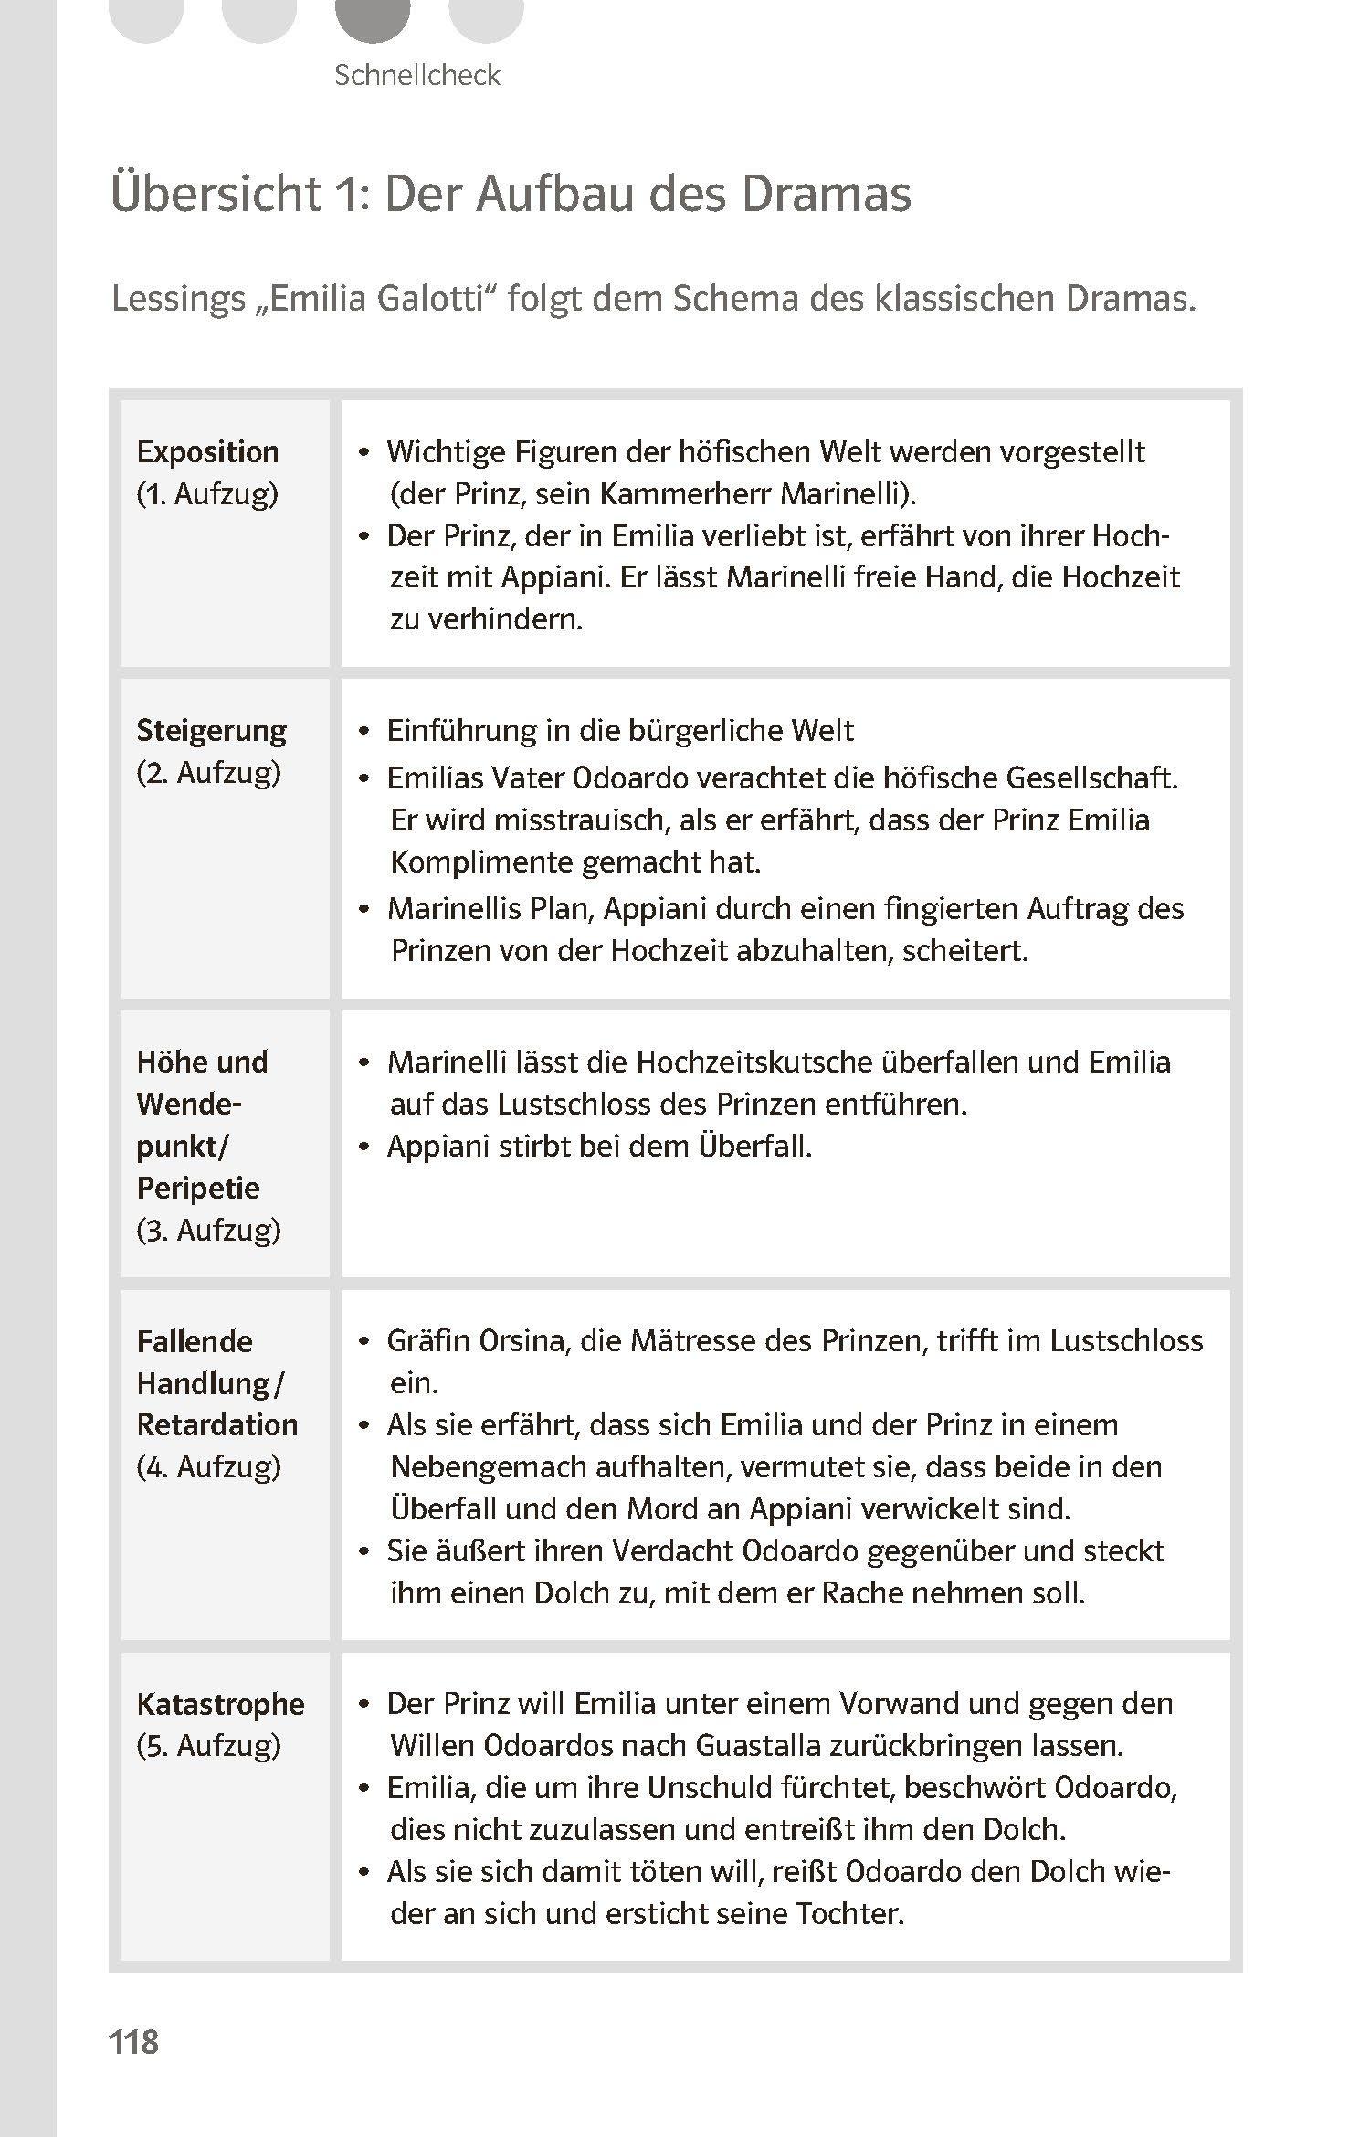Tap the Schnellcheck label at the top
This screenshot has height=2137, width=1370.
pos(416,75)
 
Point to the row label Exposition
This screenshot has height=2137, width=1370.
pos(207,451)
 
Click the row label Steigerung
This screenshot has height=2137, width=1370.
pos(211,730)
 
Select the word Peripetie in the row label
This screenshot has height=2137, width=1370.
pos(198,1188)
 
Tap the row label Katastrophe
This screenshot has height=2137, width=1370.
pos(220,1704)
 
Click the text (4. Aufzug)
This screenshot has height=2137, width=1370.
pos(208,1466)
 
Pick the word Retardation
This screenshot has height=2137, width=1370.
pos(217,1424)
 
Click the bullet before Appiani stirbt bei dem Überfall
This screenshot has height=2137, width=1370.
pos(364,1147)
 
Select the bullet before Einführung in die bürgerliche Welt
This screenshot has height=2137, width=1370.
pos(364,732)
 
